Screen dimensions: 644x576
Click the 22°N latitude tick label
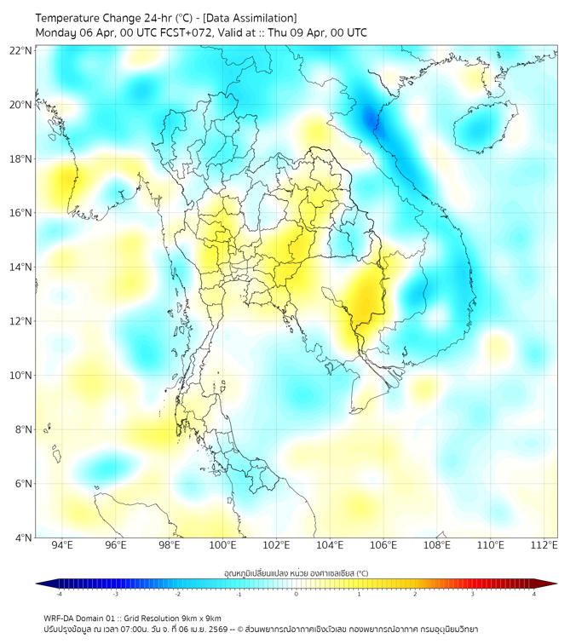click(21, 50)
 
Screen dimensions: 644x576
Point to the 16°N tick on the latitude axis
click(21, 213)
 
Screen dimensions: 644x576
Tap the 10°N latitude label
click(21, 376)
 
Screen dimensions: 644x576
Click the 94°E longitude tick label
click(62, 546)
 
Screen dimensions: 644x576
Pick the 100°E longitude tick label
click(222, 546)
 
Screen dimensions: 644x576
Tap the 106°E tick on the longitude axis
click(383, 546)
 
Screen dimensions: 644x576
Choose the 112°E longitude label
click(544, 546)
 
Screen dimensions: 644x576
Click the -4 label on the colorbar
click(59, 595)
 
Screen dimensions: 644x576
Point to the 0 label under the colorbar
click(297, 595)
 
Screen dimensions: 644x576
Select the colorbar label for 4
click(534, 595)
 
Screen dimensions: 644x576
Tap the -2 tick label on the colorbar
click(177, 595)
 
